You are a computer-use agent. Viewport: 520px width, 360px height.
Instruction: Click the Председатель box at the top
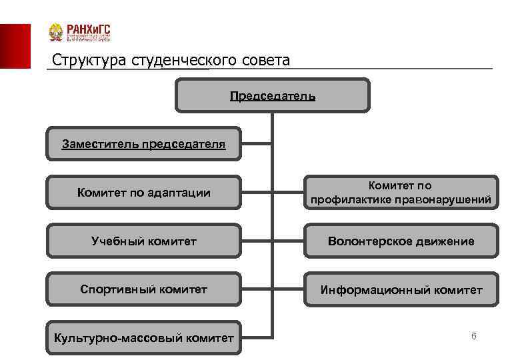click(273, 95)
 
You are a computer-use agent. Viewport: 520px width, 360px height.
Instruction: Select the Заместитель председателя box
click(143, 143)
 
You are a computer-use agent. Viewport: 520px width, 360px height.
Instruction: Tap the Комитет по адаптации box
click(143, 193)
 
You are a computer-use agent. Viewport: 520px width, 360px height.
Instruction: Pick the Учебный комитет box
click(143, 241)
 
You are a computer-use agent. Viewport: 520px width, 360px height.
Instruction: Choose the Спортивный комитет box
click(143, 289)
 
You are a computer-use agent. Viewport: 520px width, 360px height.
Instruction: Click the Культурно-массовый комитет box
click(143, 338)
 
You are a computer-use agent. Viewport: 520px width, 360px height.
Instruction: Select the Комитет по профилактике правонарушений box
click(401, 193)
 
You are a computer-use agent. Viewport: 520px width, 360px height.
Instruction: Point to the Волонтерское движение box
click(401, 241)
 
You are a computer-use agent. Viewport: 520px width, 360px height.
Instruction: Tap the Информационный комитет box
click(401, 289)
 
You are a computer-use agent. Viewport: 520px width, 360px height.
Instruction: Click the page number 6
click(473, 337)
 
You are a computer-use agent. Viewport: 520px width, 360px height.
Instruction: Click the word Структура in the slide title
click(81, 61)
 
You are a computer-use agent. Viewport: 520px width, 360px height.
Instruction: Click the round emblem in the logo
click(56, 33)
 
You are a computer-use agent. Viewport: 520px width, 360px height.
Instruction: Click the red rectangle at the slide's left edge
click(15, 46)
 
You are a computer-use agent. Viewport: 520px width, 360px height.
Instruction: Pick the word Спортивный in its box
click(112, 289)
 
